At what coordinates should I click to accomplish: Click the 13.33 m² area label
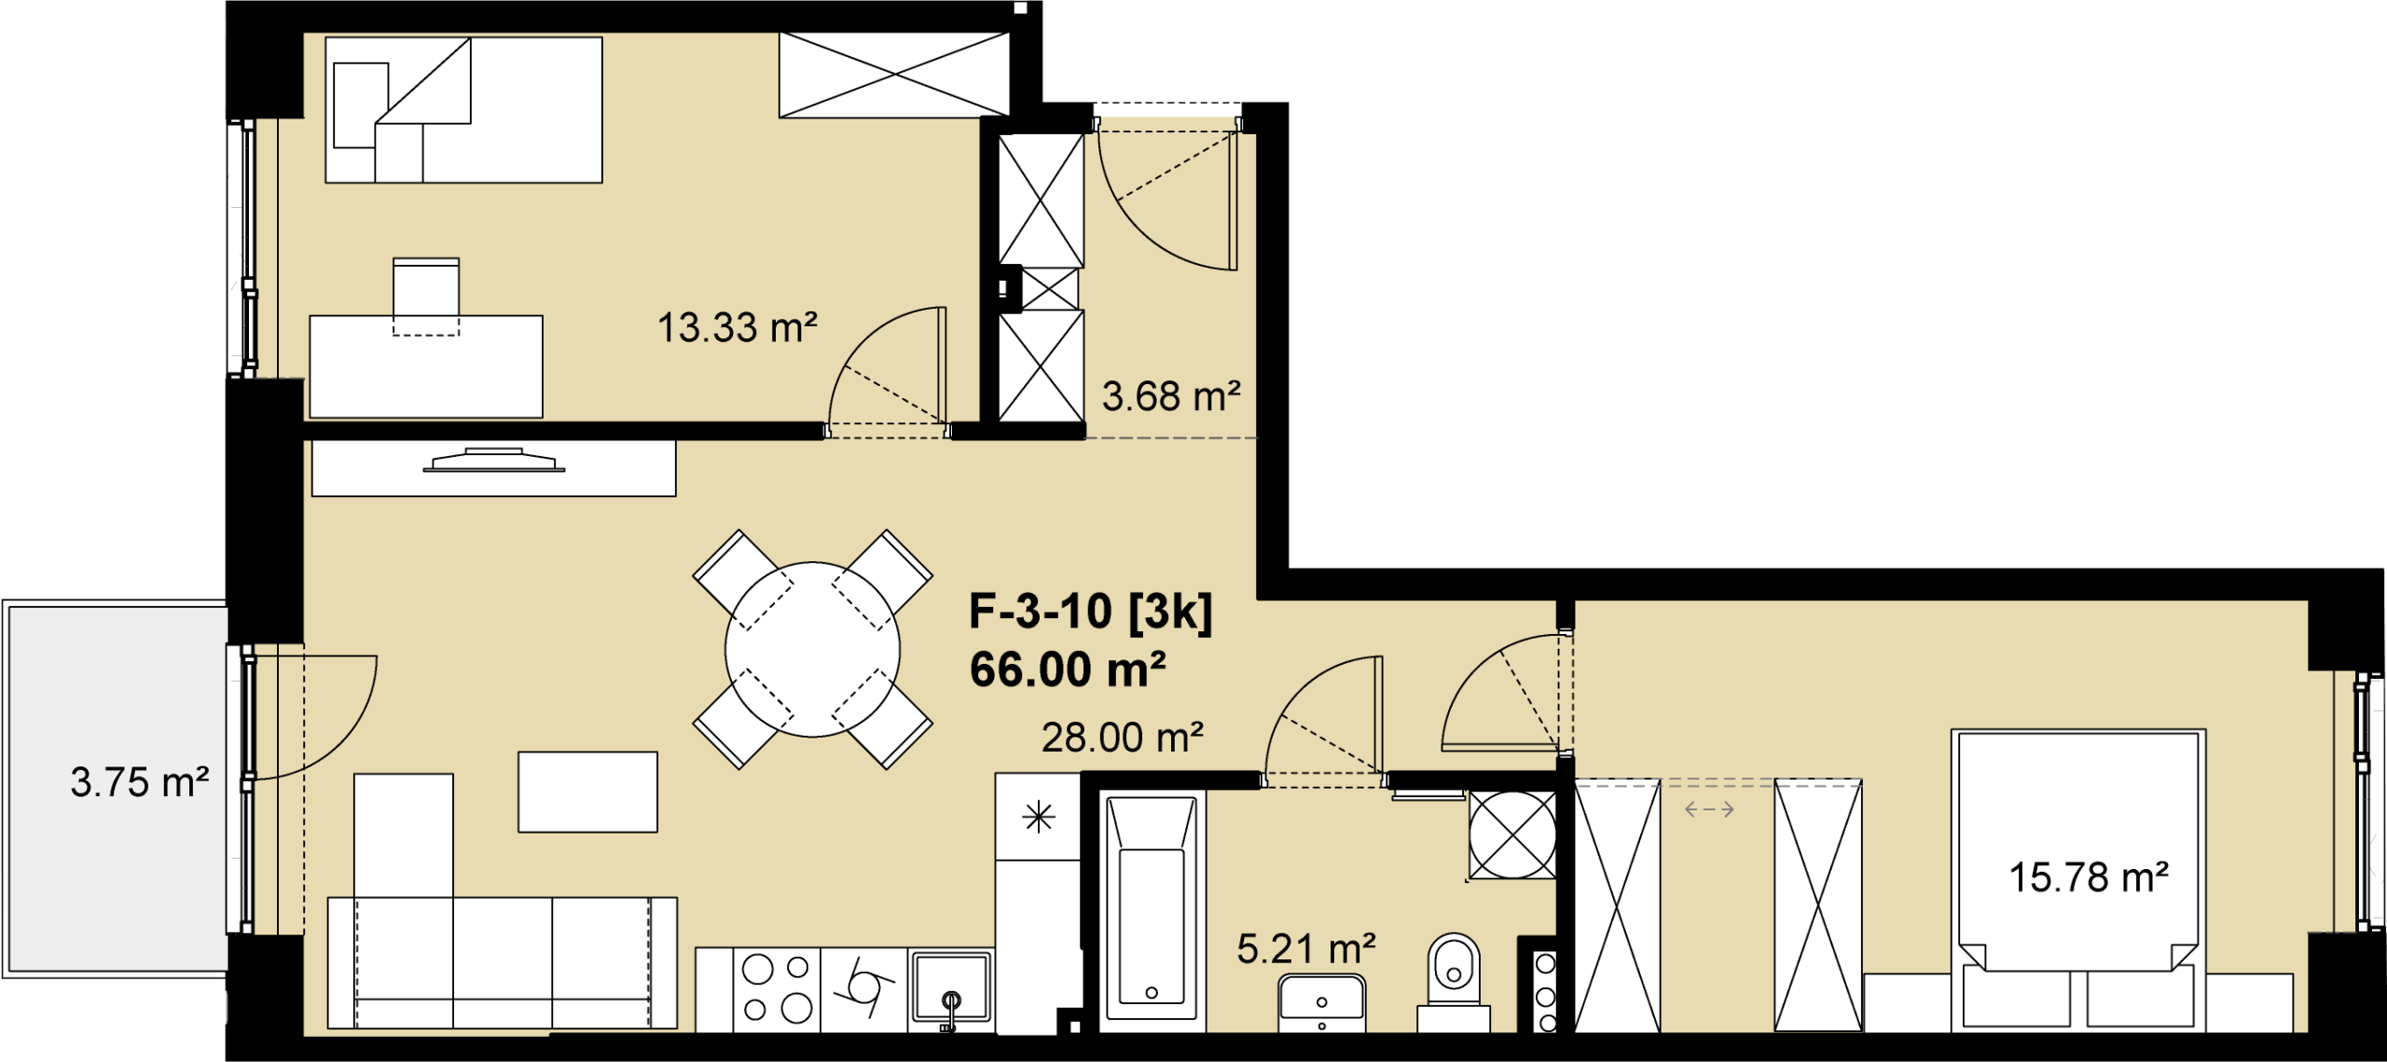(737, 328)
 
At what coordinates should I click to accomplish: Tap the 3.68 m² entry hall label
(1171, 397)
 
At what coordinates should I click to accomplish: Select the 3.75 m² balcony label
(139, 783)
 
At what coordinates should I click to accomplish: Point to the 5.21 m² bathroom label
(1305, 949)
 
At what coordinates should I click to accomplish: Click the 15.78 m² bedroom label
(2089, 878)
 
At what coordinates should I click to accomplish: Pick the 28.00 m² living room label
(1122, 738)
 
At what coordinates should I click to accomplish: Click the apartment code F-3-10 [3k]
(1091, 613)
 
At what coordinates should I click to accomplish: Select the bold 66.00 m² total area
(1068, 669)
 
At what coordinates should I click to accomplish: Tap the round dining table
(813, 650)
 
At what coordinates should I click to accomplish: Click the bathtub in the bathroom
(1152, 911)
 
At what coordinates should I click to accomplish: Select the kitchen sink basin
(950, 986)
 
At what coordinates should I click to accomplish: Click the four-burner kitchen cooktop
(777, 989)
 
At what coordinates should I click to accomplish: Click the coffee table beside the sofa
(587, 792)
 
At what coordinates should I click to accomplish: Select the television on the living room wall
(494, 460)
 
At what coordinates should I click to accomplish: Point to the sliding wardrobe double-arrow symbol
(1709, 809)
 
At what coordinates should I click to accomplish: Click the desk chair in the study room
(426, 297)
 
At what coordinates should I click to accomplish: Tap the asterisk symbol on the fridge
(1038, 818)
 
